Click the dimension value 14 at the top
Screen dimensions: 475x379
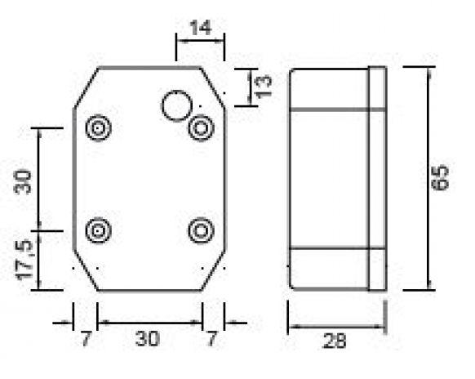200,28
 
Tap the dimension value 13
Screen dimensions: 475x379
264,87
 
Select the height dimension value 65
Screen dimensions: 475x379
440,178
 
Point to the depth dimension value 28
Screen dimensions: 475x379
334,341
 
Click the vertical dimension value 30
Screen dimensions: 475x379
23,182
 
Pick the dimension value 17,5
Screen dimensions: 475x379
24,260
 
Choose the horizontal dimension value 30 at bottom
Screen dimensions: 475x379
148,338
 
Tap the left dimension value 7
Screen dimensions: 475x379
86,338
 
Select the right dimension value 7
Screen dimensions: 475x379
211,338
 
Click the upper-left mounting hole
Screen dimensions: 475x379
98,128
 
